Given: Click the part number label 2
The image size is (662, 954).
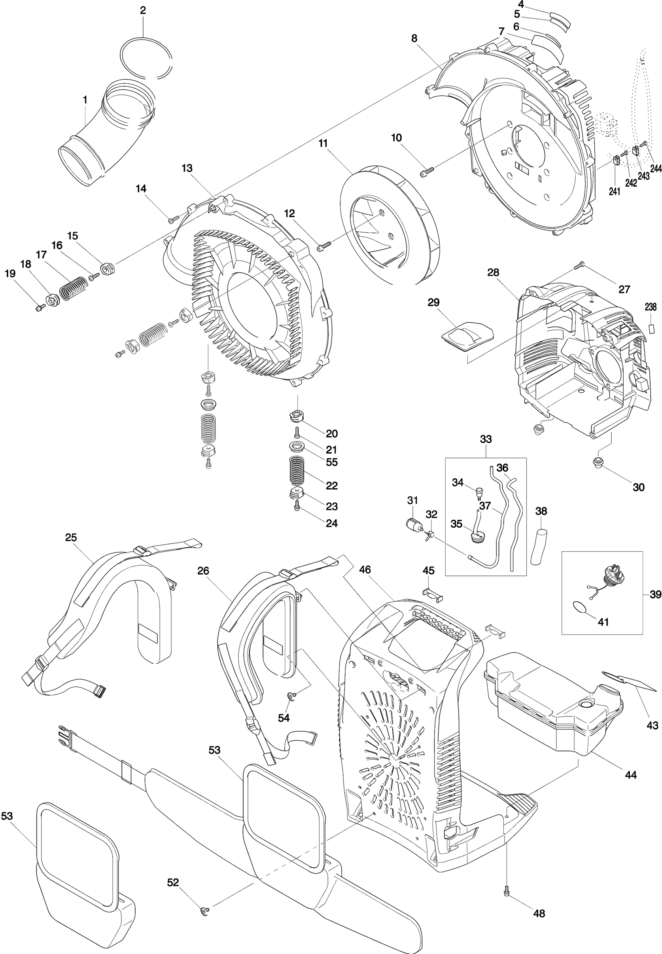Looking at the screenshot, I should tap(143, 10).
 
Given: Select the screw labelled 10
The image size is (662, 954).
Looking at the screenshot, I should tap(427, 171).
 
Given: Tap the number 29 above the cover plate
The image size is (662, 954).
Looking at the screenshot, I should tap(433, 302).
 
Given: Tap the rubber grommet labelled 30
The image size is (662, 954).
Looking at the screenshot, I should tap(598, 461).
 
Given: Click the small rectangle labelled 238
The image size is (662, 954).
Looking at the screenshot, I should tap(651, 329).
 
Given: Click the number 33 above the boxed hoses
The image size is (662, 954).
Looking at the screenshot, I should tap(486, 439).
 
